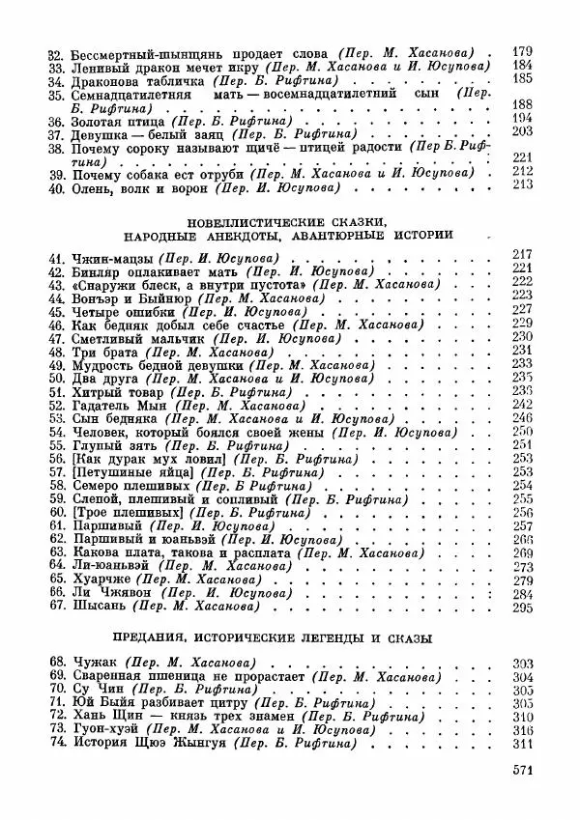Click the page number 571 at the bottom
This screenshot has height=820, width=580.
[520, 770]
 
